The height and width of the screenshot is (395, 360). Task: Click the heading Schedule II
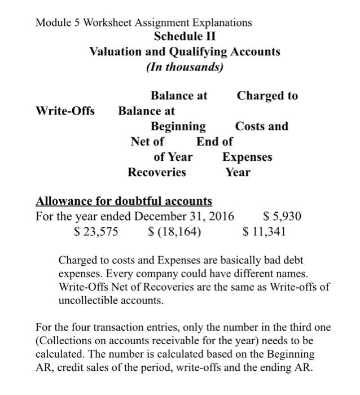(185, 37)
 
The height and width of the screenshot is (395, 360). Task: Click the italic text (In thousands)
(185, 67)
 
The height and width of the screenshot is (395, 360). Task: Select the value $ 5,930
(282, 216)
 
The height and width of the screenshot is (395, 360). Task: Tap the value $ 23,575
(96, 231)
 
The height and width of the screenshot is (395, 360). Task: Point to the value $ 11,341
(264, 231)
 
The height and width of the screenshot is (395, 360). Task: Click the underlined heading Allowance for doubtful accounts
(124, 201)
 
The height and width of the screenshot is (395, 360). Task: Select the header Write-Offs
(65, 111)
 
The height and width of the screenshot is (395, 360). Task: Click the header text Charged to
(267, 95)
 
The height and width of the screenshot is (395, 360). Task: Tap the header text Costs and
(262, 126)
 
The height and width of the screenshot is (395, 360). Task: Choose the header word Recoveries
(157, 172)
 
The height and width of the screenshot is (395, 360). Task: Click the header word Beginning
(178, 126)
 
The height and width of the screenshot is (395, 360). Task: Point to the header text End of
(214, 141)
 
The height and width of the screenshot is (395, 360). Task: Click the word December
(159, 216)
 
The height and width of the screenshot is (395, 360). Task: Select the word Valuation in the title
(115, 52)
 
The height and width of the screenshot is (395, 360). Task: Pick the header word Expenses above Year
(247, 157)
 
